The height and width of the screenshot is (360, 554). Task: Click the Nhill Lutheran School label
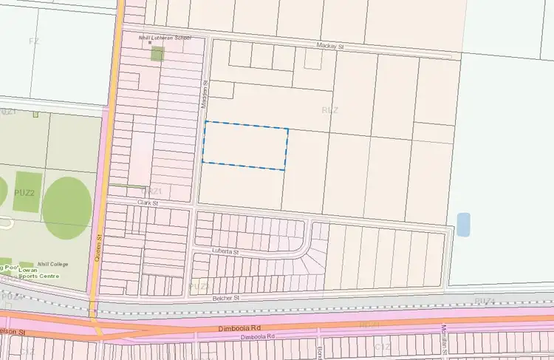pyautogui.click(x=165, y=37)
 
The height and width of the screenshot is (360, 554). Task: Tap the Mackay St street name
pyautogui.click(x=330, y=47)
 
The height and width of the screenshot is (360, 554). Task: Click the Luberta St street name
pyautogui.click(x=226, y=252)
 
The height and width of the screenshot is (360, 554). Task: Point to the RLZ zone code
pyautogui.click(x=330, y=110)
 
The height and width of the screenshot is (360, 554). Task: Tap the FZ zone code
pyautogui.click(x=33, y=40)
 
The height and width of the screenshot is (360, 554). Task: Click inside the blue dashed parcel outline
pyautogui.click(x=245, y=146)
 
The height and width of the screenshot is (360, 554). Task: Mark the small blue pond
pyautogui.click(x=463, y=224)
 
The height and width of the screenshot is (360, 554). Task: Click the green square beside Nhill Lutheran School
pyautogui.click(x=157, y=53)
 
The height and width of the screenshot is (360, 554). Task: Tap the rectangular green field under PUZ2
pyautogui.click(x=27, y=192)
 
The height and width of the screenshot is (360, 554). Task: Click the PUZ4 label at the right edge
pyautogui.click(x=485, y=300)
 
